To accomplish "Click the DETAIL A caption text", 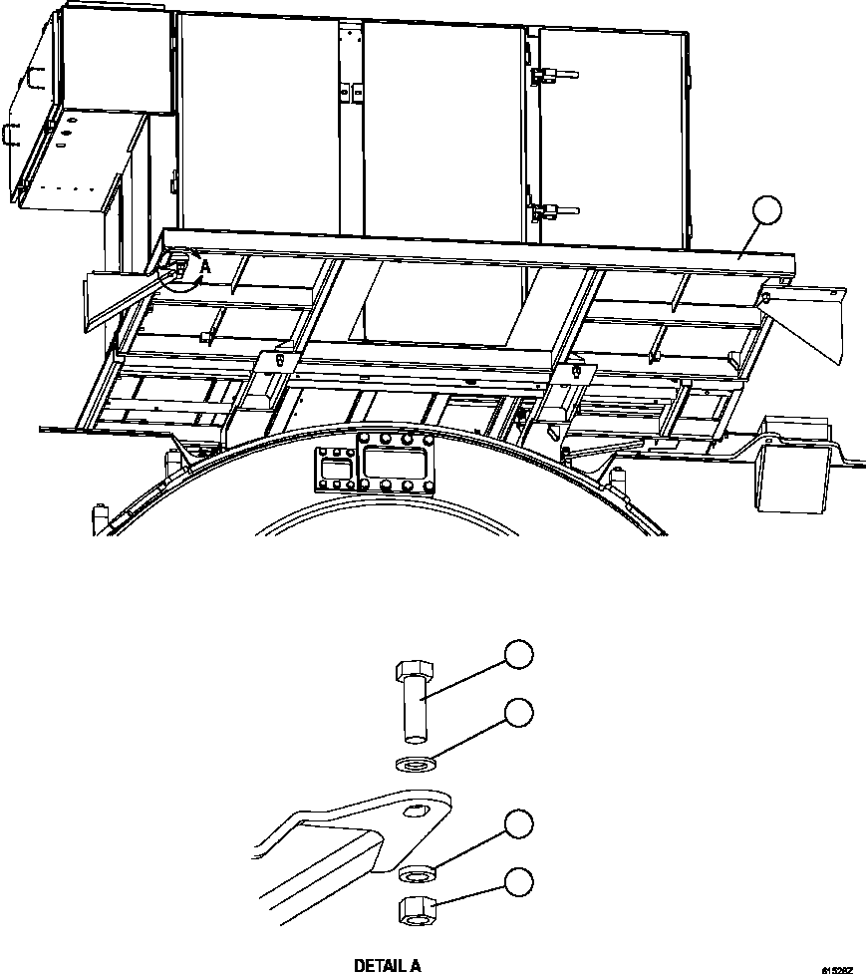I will tap(388, 965).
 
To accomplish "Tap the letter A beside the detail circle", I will tap(205, 266).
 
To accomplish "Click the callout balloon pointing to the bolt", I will tap(517, 654).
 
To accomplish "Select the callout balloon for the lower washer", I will tap(517, 823).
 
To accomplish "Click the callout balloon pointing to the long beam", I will tap(767, 211).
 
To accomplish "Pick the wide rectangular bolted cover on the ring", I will tap(397, 465).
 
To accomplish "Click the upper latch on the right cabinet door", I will tap(546, 75).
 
